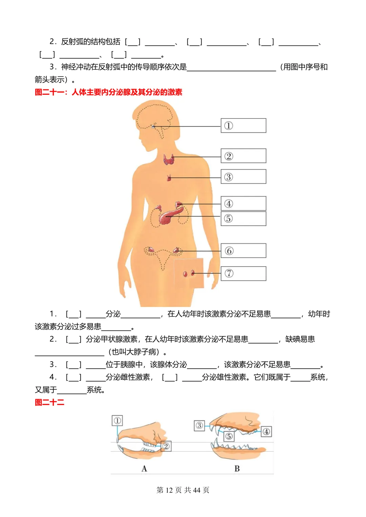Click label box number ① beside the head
click(x=243, y=126)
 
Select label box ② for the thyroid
click(x=243, y=156)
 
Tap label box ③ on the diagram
click(x=243, y=177)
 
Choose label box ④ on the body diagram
click(x=243, y=203)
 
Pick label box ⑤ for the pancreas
click(x=243, y=218)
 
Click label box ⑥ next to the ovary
click(x=243, y=251)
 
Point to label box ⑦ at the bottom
click(x=243, y=273)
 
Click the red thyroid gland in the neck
click(x=168, y=159)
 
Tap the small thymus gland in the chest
click(x=169, y=178)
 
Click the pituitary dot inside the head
click(x=154, y=127)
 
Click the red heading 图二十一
click(x=108, y=92)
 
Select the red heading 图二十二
click(x=49, y=402)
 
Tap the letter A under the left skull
click(x=144, y=469)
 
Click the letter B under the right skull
click(x=237, y=469)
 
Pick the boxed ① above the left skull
click(x=117, y=421)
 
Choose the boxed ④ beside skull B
click(x=266, y=431)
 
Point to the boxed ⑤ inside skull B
click(x=229, y=436)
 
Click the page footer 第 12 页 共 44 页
click(x=183, y=490)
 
